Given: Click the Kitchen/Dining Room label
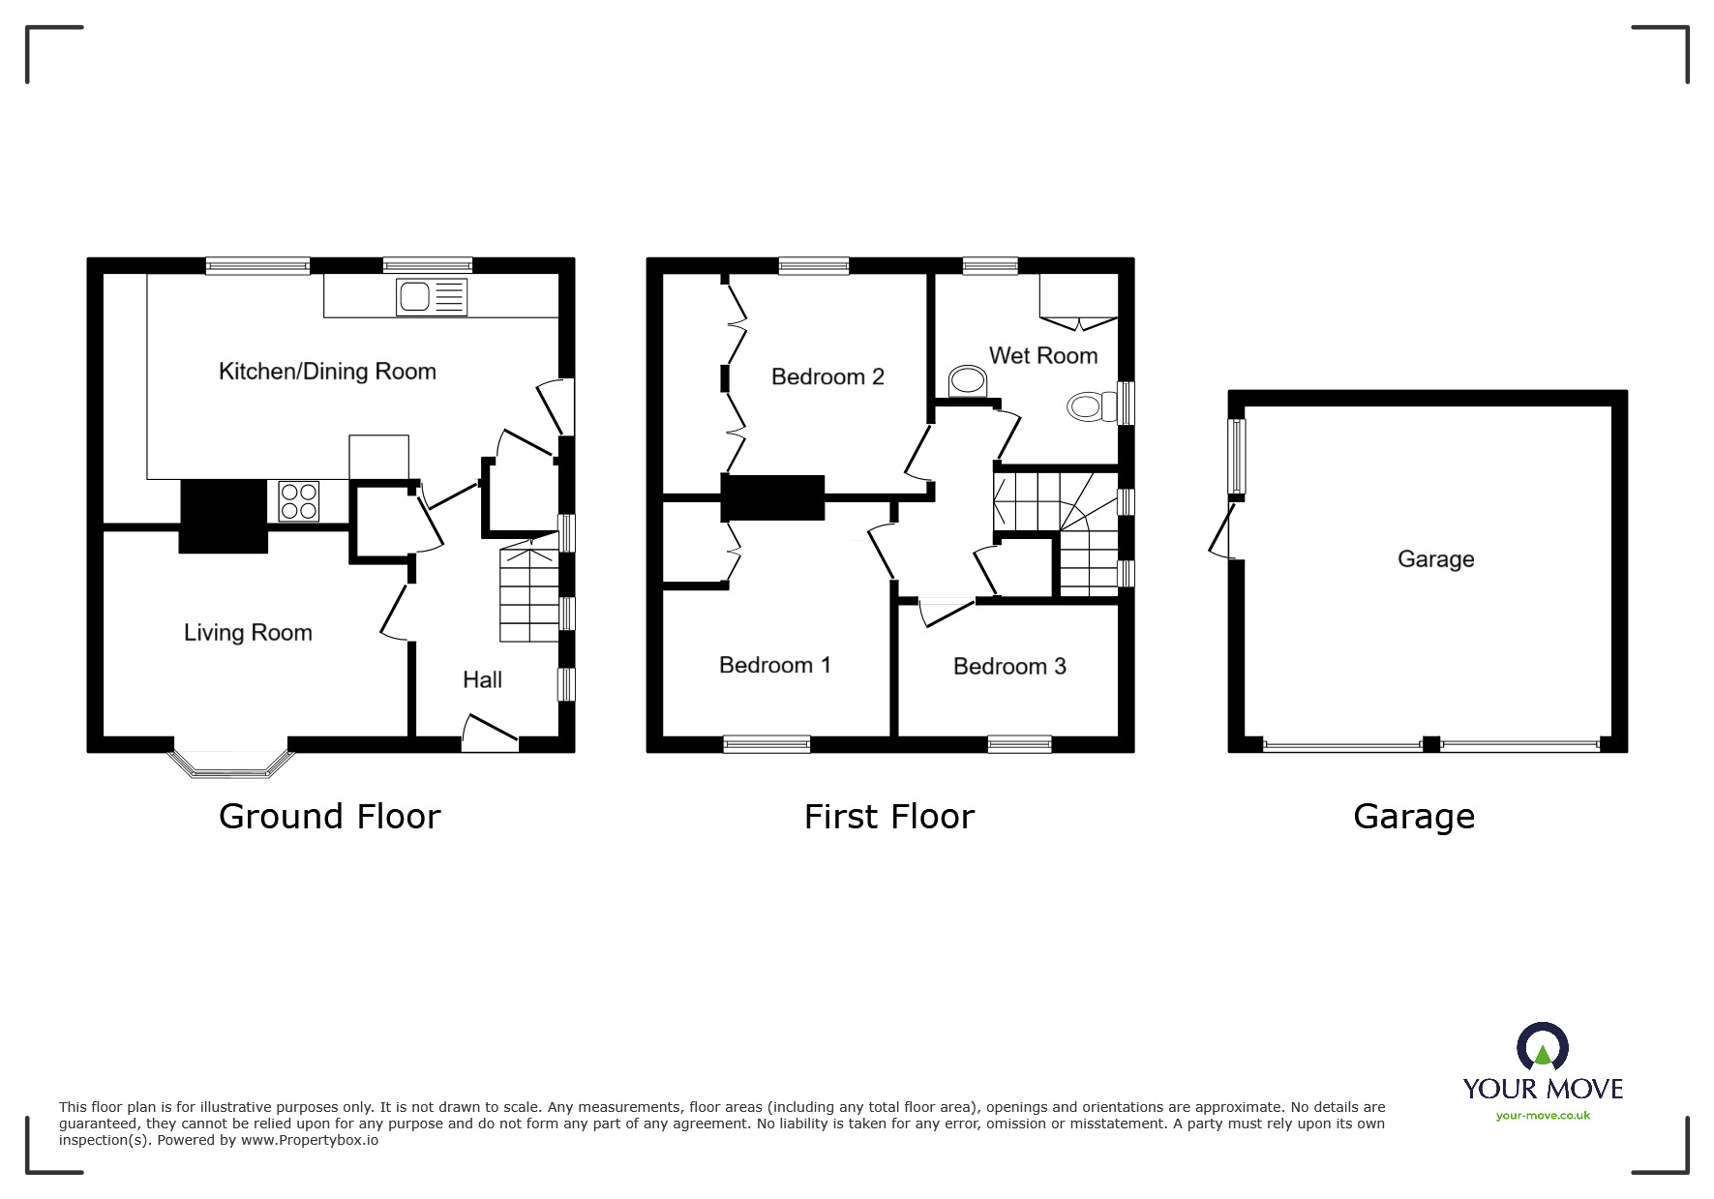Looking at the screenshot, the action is pyautogui.click(x=327, y=372).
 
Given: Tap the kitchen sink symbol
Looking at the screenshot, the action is pyautogui.click(x=432, y=297).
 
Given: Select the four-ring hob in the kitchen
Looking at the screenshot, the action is pyautogui.click(x=298, y=501).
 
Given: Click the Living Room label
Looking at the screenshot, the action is pyautogui.click(x=248, y=633).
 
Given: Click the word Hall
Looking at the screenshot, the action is pyautogui.click(x=482, y=680).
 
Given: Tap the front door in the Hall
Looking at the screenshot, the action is pyautogui.click(x=490, y=734).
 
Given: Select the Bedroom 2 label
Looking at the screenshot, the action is pyautogui.click(x=827, y=376).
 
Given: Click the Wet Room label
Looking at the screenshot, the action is pyautogui.click(x=1043, y=355).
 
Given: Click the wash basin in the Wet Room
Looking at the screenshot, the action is pyautogui.click(x=966, y=381).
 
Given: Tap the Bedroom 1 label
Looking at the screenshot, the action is pyautogui.click(x=775, y=665).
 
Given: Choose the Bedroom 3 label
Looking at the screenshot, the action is pyautogui.click(x=1009, y=666).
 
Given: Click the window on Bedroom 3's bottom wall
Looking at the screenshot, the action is pyautogui.click(x=1019, y=744).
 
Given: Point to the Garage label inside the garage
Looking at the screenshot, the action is pyautogui.click(x=1435, y=559).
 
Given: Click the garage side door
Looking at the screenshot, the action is pyautogui.click(x=1223, y=530).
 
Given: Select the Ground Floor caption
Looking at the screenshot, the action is pyautogui.click(x=330, y=817).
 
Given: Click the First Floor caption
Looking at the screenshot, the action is pyautogui.click(x=889, y=817).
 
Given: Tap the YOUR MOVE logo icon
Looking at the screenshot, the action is pyautogui.click(x=1543, y=1047).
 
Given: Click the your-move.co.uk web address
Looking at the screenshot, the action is pyautogui.click(x=1543, y=1116).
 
